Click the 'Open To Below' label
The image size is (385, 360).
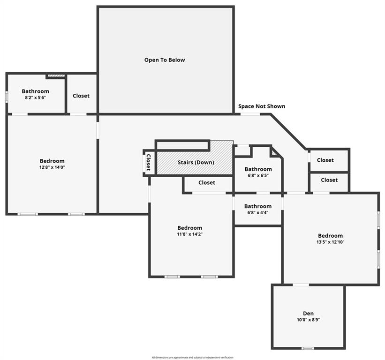[x=164, y=60]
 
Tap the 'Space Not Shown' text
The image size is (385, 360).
[x=262, y=106]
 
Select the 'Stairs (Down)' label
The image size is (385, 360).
[x=196, y=163]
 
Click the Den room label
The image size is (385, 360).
[x=308, y=314]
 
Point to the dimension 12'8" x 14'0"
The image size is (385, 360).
[x=52, y=167]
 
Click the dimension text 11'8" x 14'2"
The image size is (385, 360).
[x=189, y=234]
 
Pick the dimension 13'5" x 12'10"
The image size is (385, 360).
[x=330, y=242]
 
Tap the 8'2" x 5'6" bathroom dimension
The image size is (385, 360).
[x=35, y=98]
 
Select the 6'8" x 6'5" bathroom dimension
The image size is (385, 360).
[x=258, y=176]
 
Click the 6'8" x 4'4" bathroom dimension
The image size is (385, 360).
[x=258, y=212]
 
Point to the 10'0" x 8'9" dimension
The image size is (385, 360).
[x=308, y=320]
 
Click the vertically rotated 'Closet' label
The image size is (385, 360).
[x=148, y=162]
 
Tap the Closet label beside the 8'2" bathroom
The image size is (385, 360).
[x=81, y=96]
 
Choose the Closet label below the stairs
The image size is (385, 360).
[x=206, y=183]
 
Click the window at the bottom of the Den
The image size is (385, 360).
[x=308, y=348]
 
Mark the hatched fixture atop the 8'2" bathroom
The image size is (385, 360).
[x=55, y=75]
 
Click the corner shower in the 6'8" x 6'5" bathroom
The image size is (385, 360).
[x=274, y=152]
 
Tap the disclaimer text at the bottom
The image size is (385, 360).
[x=192, y=357]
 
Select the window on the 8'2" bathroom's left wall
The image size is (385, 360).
[x=6, y=96]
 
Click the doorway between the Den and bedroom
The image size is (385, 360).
[x=301, y=285]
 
